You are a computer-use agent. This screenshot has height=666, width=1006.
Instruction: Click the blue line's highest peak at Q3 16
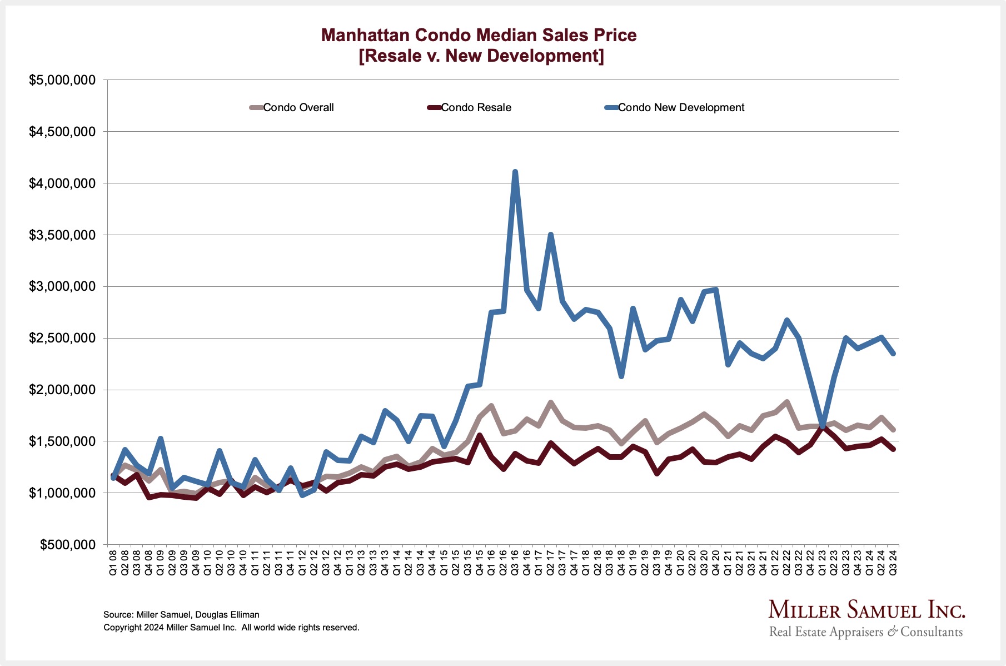point(515,172)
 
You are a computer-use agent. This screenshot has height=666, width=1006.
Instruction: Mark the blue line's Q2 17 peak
point(550,235)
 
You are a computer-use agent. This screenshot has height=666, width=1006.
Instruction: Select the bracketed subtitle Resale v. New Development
point(481,56)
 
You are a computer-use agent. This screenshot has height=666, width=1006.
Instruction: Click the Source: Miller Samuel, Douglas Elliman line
point(181,615)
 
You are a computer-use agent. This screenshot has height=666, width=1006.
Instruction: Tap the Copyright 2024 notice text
point(231,628)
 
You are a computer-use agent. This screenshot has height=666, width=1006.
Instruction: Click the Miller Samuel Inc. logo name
point(866,610)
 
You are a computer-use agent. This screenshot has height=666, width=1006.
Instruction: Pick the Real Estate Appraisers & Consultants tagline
point(866,632)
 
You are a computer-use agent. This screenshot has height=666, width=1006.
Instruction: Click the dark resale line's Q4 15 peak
point(480,435)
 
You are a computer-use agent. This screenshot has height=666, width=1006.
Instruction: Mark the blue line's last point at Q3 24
point(893,353)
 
